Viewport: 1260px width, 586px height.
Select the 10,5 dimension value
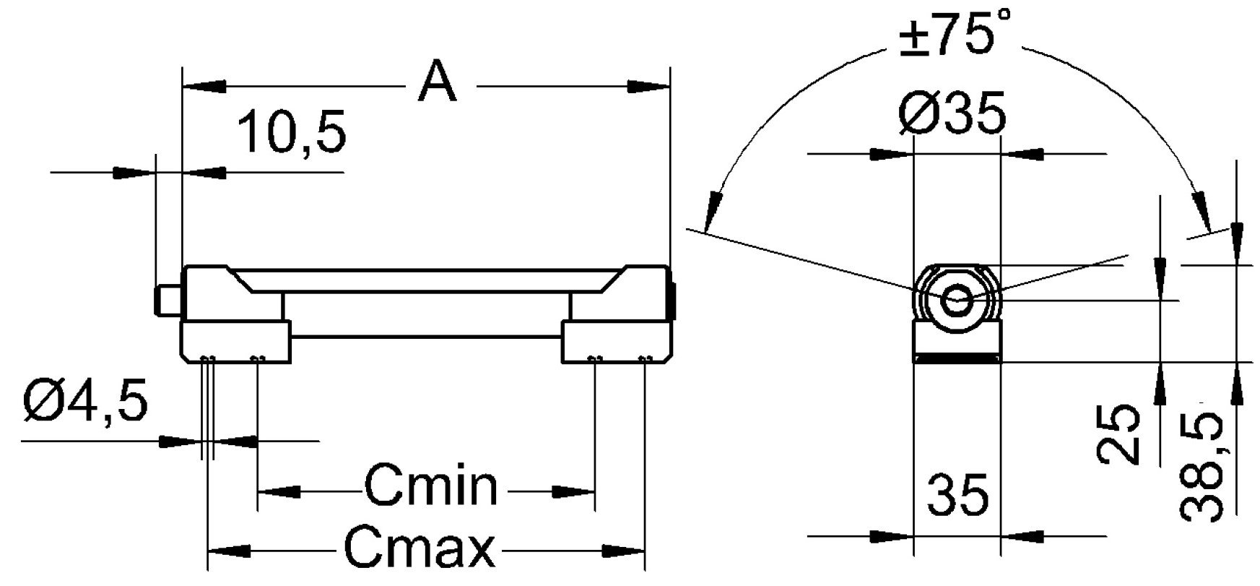point(292,133)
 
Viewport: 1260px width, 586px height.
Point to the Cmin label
point(431,486)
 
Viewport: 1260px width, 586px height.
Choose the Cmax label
point(420,549)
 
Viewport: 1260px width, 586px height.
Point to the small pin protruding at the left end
point(166,301)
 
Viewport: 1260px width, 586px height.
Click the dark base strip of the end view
point(957,358)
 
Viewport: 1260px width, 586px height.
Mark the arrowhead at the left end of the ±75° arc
point(713,210)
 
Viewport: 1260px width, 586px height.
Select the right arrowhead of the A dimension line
point(650,87)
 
